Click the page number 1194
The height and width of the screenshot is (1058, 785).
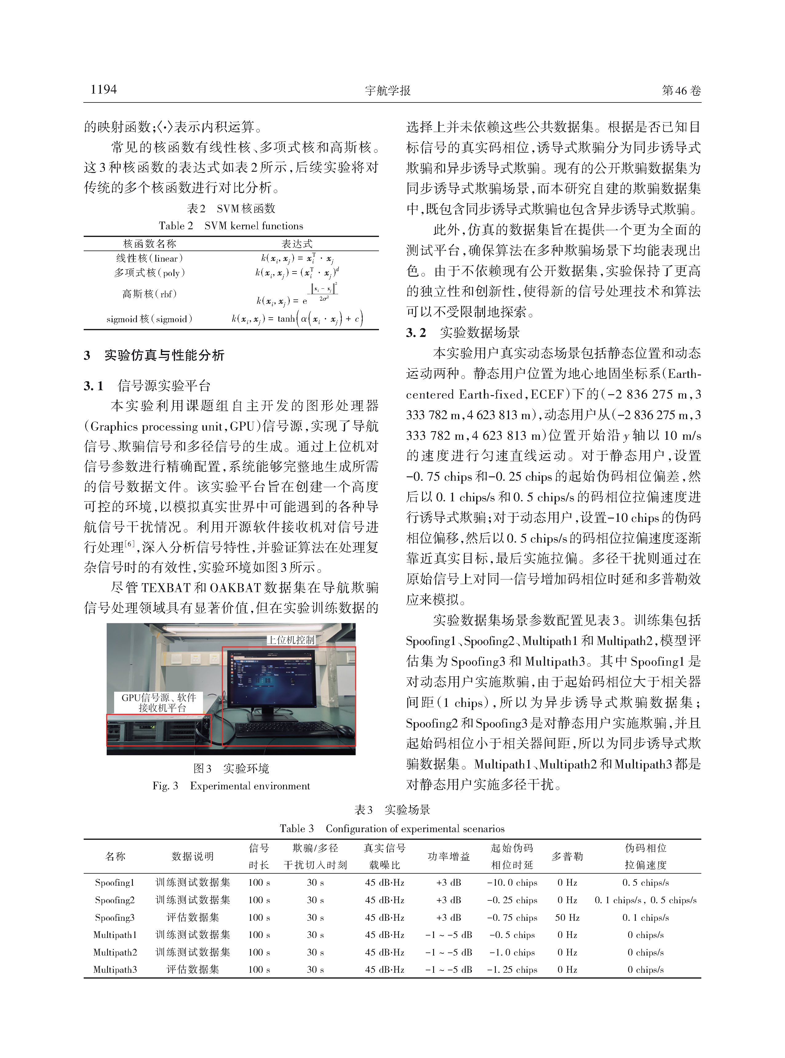104,89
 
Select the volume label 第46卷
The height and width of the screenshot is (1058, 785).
681,90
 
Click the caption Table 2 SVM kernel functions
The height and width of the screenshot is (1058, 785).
231,226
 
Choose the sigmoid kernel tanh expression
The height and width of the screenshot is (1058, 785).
297,319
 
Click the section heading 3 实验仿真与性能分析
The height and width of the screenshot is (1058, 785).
154,355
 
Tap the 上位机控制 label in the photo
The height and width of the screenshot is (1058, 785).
290,640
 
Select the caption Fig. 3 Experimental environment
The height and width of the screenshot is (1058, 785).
231,786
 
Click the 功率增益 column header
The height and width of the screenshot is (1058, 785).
448,856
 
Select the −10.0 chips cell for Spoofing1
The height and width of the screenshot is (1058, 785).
512,883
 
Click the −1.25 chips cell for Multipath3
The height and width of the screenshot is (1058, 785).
512,970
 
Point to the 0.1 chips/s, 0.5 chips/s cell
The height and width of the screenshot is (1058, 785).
645,900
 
